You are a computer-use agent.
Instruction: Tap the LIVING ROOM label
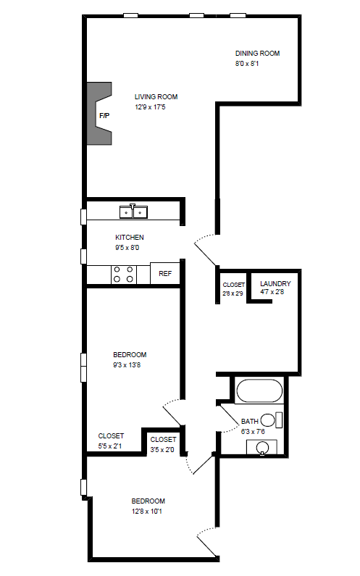tap(156, 97)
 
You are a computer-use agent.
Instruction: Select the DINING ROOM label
tap(257, 53)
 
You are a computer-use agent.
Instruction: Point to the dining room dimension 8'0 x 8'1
tap(247, 64)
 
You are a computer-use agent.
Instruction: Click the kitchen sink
tap(133, 212)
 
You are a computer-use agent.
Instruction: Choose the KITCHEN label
tap(130, 238)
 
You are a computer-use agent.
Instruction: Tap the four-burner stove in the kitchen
tap(124, 274)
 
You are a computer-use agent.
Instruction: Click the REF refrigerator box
tap(165, 274)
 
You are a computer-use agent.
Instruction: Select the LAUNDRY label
tap(275, 283)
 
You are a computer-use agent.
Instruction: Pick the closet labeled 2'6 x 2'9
tap(233, 289)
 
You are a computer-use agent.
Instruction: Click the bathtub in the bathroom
tap(259, 391)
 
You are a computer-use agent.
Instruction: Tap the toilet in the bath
tap(271, 420)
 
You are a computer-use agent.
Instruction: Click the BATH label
tap(249, 421)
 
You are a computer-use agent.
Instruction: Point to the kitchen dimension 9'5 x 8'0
tap(127, 248)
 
